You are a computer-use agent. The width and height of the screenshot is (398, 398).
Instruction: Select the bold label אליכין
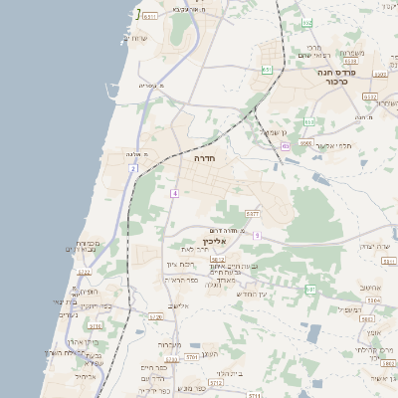pos(215,241)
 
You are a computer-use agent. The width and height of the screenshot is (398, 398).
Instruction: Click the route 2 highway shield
pos(132,168)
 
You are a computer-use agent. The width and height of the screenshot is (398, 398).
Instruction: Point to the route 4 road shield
pos(175,192)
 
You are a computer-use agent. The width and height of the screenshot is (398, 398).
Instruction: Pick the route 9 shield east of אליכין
pos(257,235)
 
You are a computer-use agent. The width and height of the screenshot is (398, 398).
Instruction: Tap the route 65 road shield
pos(285,146)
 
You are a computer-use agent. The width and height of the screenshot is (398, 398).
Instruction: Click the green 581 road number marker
pos(310,289)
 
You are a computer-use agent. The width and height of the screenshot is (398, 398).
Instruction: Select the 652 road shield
pos(267,70)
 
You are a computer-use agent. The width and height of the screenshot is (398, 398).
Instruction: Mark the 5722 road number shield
pos(85,271)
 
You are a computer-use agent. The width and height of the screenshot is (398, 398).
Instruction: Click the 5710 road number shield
pos(95,325)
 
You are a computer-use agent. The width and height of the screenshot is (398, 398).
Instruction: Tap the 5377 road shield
pos(253,214)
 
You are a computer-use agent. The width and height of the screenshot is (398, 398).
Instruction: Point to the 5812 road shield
pos(217,259)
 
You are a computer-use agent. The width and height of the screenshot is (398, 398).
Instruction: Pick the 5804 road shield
pos(373,299)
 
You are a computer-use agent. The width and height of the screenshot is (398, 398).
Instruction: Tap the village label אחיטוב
pos(373,286)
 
